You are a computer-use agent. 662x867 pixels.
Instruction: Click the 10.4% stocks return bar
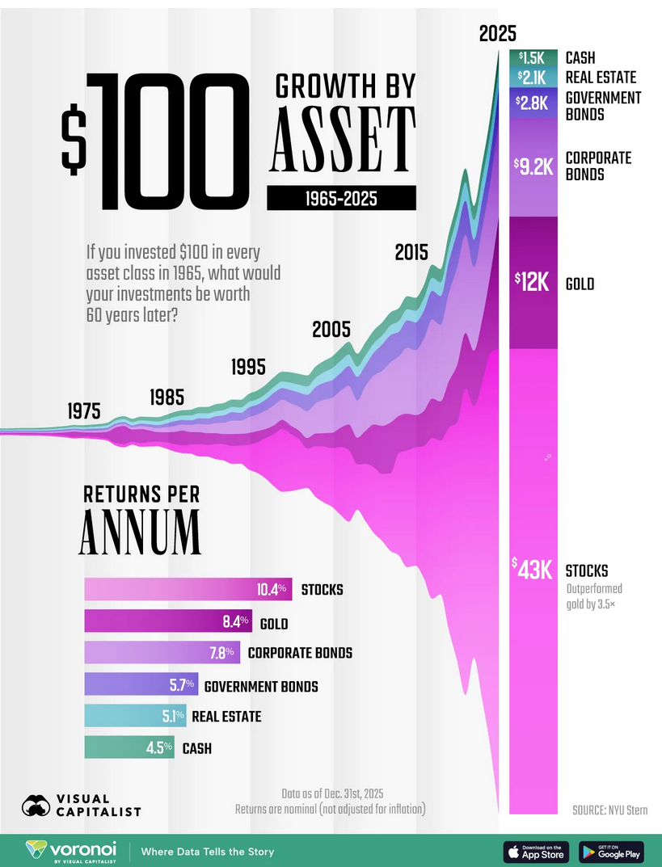[188, 589]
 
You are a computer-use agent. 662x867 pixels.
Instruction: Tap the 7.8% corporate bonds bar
[162, 652]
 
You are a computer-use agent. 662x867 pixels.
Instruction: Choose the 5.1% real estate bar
[135, 716]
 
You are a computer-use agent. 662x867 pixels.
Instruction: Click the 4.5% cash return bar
[129, 747]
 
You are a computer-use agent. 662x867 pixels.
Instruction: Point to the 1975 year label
[85, 410]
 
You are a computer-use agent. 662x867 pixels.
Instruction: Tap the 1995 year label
[248, 367]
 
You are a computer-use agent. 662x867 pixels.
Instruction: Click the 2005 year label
[331, 330]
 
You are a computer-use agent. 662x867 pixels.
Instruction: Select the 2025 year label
[497, 34]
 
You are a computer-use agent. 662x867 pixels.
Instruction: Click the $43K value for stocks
[533, 569]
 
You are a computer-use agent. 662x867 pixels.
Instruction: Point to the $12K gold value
[533, 282]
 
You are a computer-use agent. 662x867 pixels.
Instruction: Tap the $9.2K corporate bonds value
[533, 166]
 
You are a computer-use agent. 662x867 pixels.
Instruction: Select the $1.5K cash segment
[533, 57]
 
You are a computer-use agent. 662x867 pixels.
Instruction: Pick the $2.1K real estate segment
[533, 78]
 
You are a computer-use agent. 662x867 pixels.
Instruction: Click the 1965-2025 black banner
[341, 199]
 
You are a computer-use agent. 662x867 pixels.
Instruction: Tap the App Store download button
[536, 852]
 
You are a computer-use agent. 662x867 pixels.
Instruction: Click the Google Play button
[610, 852]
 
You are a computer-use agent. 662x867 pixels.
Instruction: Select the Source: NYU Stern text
[609, 810]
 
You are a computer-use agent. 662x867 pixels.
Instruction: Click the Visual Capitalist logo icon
[36, 806]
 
